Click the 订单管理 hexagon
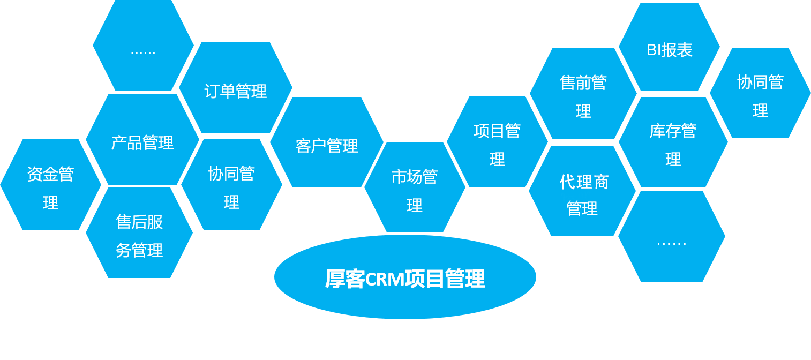236,88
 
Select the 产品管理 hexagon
142,140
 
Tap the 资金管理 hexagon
50,185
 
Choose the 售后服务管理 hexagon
139,234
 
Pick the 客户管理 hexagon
327,143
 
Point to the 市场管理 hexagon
415,188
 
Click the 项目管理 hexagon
497,142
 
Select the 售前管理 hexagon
583,94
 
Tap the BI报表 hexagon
670,48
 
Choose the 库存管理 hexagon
673,142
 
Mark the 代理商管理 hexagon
582,193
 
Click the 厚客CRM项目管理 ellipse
405,277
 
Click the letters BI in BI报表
654,50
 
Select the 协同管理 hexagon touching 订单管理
231,185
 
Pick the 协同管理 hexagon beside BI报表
760,94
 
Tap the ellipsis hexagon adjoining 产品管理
143,47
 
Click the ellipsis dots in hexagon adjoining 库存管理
671,243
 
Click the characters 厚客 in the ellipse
345,279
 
